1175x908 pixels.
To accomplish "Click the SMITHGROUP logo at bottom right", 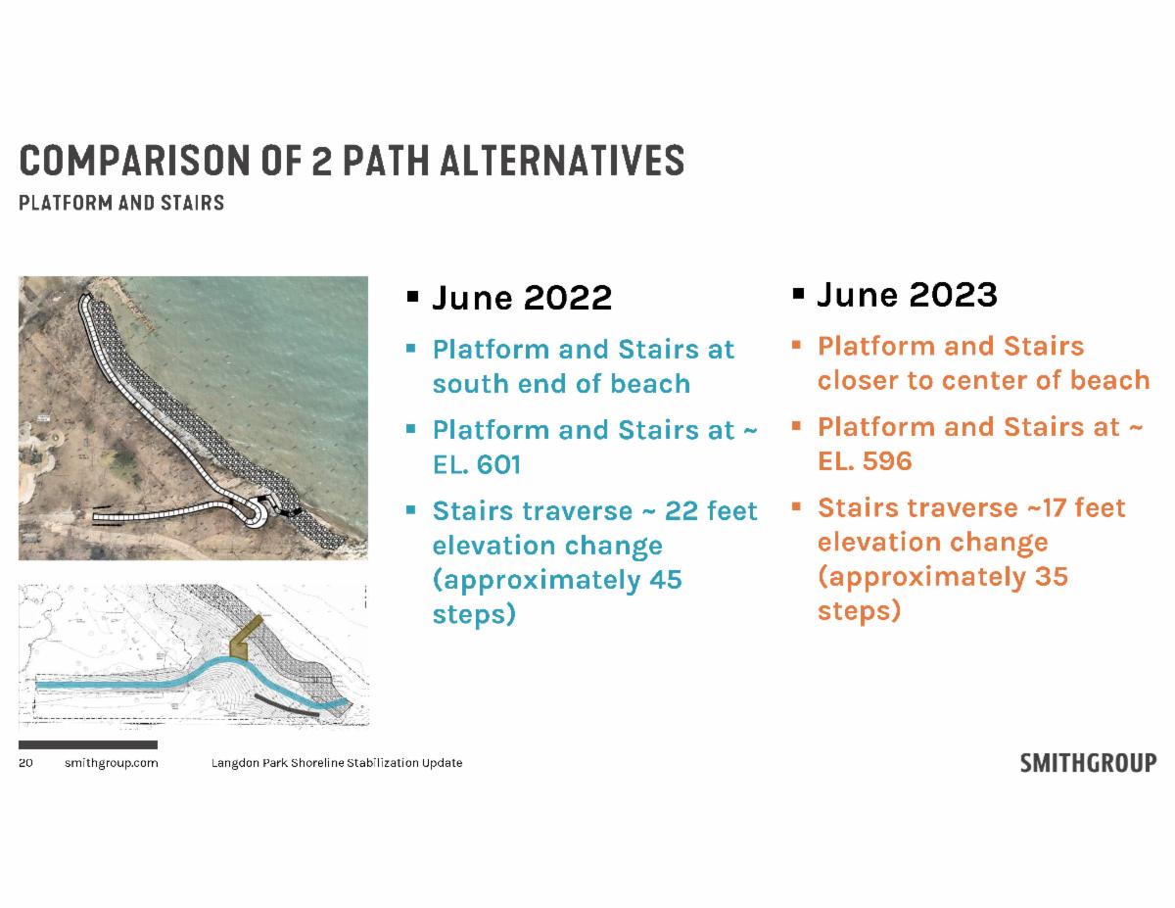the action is click(x=1088, y=762).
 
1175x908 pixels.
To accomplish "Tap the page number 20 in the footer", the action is click(x=25, y=762).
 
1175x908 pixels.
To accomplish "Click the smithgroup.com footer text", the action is click(x=112, y=763).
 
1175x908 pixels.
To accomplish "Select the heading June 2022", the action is click(x=522, y=298).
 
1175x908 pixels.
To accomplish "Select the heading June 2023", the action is click(x=907, y=295).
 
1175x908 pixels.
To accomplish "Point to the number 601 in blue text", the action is click(x=498, y=464).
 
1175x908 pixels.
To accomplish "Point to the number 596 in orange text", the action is click(x=887, y=461).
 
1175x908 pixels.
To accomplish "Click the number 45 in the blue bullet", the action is click(x=666, y=580).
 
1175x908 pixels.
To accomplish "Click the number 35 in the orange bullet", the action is click(x=1052, y=577).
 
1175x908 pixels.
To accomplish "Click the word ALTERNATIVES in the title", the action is click(x=562, y=161).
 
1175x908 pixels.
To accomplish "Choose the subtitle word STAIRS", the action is click(x=192, y=203).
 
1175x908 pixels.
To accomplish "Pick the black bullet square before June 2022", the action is click(x=413, y=297).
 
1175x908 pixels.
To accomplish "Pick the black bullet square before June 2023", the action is click(x=798, y=294).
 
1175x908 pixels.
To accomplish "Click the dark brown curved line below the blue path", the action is click(x=286, y=705).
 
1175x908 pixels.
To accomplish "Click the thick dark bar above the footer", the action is click(x=88, y=744).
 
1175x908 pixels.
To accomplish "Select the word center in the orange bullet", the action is click(x=985, y=381).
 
